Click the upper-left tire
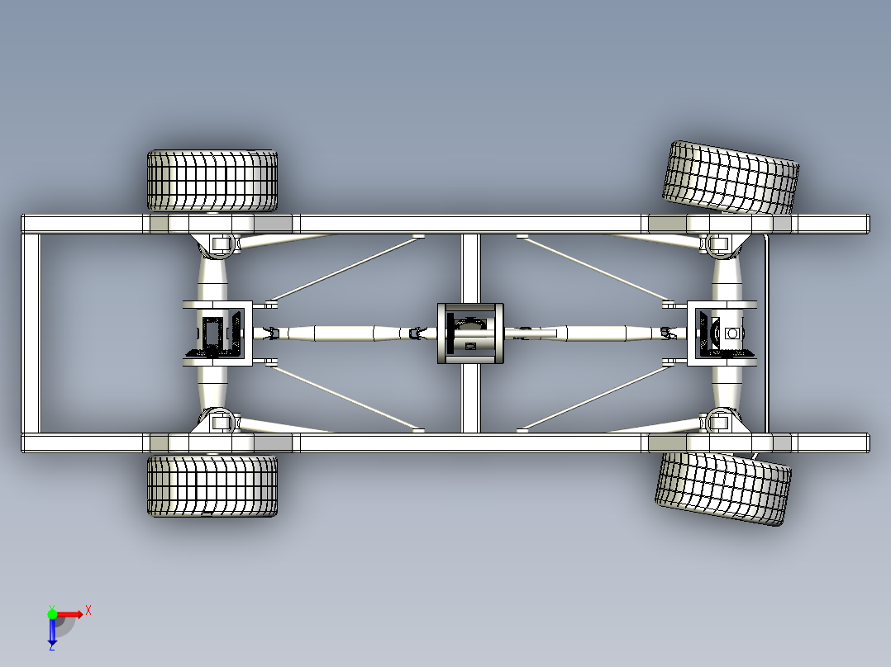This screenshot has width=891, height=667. pyautogui.click(x=212, y=181)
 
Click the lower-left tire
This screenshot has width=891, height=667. pyautogui.click(x=212, y=485)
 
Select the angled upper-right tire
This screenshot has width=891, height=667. pyautogui.click(x=731, y=177)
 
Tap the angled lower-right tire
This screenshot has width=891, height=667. pyautogui.click(x=723, y=488)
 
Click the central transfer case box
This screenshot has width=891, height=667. pyautogui.click(x=470, y=333)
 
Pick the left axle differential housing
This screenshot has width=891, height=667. pyautogui.click(x=217, y=333)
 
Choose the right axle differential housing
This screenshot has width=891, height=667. pyautogui.click(x=722, y=333)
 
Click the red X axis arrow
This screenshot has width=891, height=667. pyautogui.click(x=69, y=615)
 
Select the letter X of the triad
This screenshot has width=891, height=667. pyautogui.click(x=88, y=611)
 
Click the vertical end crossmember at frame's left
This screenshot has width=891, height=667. pyautogui.click(x=31, y=333)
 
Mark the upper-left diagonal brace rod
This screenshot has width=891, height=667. pyautogui.click(x=345, y=270)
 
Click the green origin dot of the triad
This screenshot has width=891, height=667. pyautogui.click(x=52, y=614)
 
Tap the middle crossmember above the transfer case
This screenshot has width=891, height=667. pyautogui.click(x=470, y=268)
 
